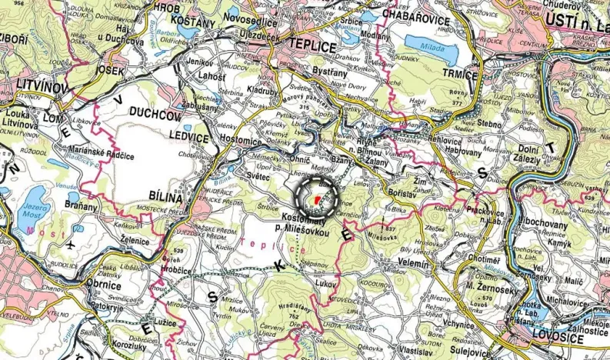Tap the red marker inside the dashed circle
pos(316,200)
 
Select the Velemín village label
pos(421,262)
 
